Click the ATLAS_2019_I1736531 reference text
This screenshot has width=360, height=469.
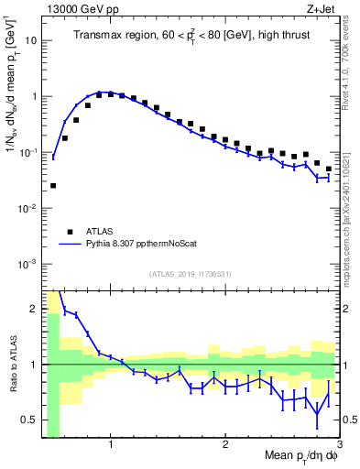pos(190,274)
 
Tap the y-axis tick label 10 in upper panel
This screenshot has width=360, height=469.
pos(31,40)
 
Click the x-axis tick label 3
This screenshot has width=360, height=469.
pos(338,445)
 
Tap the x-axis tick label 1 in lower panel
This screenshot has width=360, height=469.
pos(110,445)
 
